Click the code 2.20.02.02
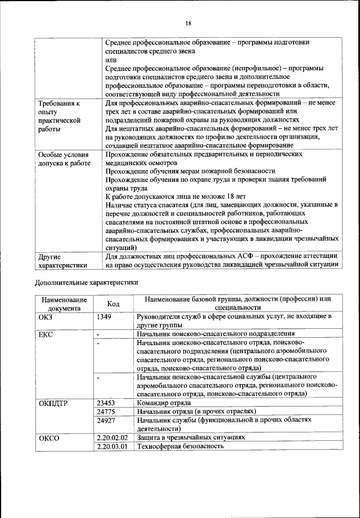[112, 437]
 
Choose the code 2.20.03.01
[112, 446]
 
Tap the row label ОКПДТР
[53, 403]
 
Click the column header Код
[113, 303]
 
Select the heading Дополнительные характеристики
[84, 283]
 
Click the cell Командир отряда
[164, 403]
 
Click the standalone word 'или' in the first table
[111, 59]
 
